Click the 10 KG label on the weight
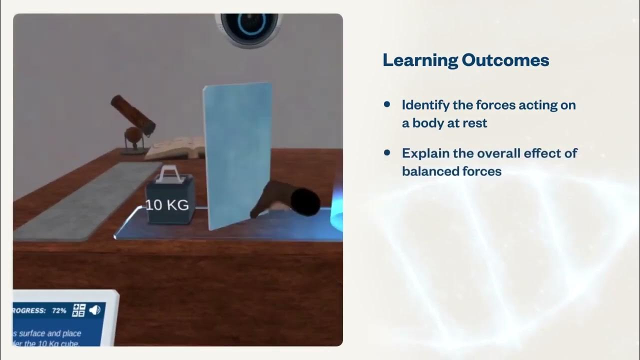tap(167, 205)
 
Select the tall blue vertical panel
tap(237, 155)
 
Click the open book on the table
tap(174, 148)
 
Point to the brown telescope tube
tap(132, 115)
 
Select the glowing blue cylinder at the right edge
tap(336, 210)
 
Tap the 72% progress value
tap(58, 310)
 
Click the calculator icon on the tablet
tap(79, 310)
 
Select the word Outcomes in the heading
tap(505, 60)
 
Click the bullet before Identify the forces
tap(386, 104)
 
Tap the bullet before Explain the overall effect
tap(386, 152)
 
